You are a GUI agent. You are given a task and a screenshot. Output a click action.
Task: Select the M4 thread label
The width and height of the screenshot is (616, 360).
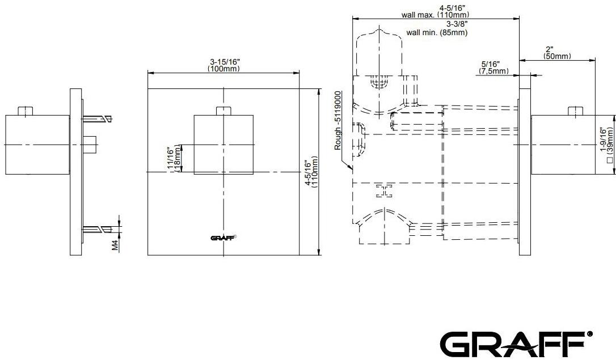(114, 244)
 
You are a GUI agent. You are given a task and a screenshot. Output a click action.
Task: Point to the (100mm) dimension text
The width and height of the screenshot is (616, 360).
(223, 69)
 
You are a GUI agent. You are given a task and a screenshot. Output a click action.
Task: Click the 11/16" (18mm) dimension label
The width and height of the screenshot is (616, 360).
(174, 160)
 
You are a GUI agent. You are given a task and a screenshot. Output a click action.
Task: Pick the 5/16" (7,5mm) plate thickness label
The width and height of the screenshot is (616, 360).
(491, 68)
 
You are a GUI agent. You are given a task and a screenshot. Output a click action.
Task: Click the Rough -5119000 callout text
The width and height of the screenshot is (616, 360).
(338, 120)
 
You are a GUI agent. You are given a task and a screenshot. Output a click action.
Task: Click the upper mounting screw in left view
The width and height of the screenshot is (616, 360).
(97, 119)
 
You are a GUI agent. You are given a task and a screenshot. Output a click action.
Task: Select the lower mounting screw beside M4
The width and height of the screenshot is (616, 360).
(97, 229)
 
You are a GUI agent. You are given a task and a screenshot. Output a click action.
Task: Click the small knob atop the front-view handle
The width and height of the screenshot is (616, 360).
(223, 111)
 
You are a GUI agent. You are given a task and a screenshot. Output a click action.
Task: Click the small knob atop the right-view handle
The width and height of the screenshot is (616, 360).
(576, 111)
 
